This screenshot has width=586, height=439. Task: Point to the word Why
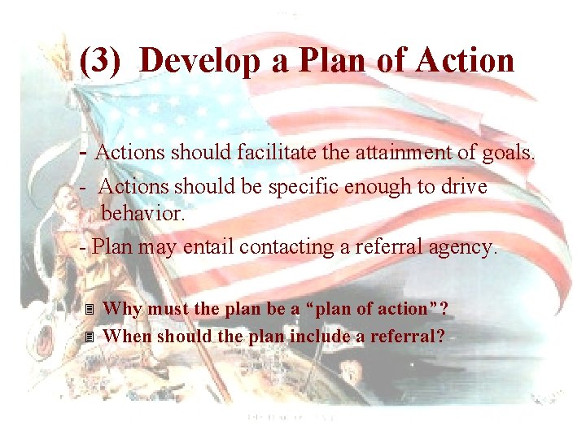pos(121,309)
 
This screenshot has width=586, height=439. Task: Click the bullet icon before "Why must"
pos(90,310)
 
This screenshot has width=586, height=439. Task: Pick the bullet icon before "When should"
pos(90,337)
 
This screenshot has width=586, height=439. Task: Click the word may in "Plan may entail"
pos(157,247)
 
